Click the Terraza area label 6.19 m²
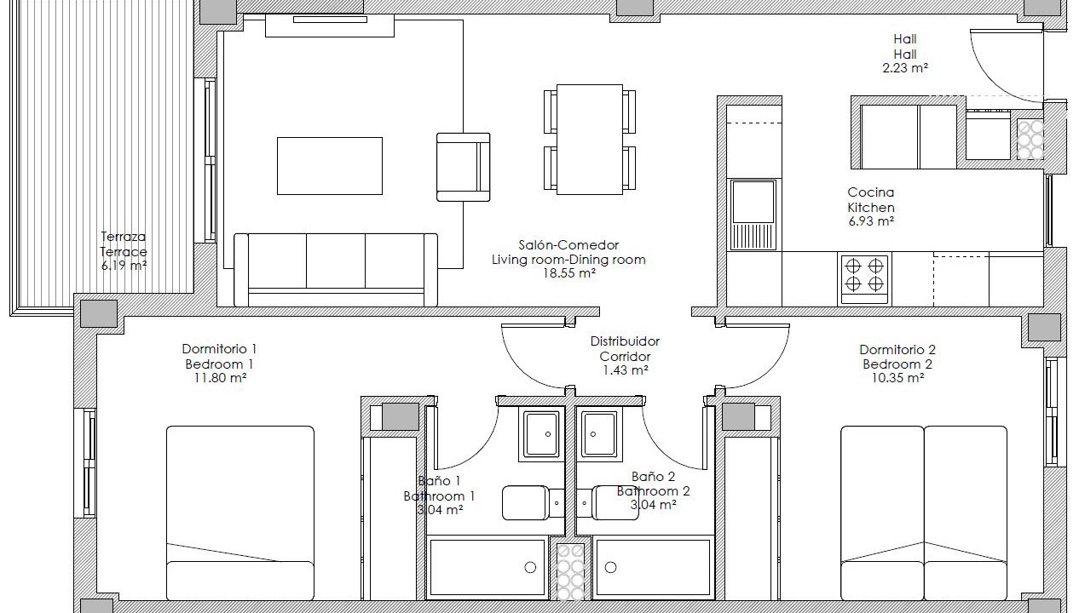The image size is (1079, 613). pos(124,265)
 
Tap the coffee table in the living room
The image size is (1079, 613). pos(330,166)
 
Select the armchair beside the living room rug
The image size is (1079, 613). pos(464,167)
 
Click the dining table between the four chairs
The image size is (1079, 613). pos(590,140)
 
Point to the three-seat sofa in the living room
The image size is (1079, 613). pos(336,270)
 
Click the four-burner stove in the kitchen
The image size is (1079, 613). pos(864,279)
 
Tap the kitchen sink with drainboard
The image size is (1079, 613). pos(753,215)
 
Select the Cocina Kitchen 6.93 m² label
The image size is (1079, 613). pos(871,207)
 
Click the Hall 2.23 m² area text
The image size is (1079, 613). pos(905,54)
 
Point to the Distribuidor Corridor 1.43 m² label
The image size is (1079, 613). pos(626,356)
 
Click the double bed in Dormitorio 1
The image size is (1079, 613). pos(240,513)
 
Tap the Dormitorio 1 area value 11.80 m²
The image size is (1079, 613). pos(220,378)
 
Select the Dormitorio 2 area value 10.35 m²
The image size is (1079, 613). pos(897,378)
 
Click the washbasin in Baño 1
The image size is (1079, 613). pos(542,434)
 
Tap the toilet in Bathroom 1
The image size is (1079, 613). pos(533,503)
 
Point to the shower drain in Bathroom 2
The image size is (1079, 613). pos(611,568)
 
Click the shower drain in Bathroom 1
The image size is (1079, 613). pos(530,568)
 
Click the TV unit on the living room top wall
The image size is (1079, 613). pos(330,26)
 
